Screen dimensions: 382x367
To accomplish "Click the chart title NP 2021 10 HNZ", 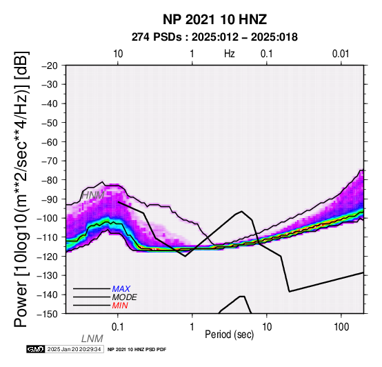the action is click(x=214, y=19).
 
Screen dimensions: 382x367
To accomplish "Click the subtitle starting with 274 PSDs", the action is click(x=214, y=37).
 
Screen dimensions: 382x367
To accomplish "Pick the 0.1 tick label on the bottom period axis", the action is click(x=118, y=327).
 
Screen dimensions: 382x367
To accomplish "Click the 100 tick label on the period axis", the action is click(x=341, y=327).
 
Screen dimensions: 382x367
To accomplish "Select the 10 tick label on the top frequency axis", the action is click(x=118, y=54).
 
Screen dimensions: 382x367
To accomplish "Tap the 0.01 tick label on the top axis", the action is click(x=341, y=54).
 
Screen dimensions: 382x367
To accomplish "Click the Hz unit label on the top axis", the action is click(x=230, y=54).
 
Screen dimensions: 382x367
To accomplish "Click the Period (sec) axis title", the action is click(x=229, y=335).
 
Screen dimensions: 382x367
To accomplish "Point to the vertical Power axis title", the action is click(x=21, y=189).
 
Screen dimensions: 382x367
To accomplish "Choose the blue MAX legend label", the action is click(x=121, y=289).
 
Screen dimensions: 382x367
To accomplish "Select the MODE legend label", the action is click(x=125, y=297).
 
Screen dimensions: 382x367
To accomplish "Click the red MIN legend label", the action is click(x=120, y=306).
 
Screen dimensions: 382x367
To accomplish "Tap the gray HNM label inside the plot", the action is click(x=93, y=195).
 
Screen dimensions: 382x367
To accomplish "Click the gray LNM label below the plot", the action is click(x=92, y=339).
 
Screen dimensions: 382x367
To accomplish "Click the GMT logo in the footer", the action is click(x=36, y=349).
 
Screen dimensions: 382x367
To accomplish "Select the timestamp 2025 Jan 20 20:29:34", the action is click(x=74, y=349).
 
